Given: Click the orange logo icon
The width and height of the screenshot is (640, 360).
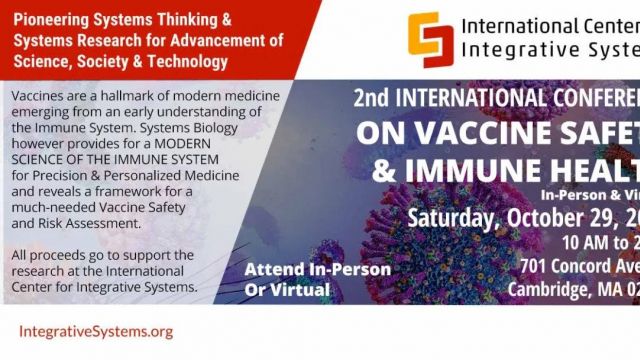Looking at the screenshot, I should pyautogui.click(x=430, y=40).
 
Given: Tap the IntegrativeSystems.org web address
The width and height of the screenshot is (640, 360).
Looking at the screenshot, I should pyautogui.click(x=96, y=330).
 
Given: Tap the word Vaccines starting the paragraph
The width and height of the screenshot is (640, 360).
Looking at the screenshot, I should pyautogui.click(x=41, y=95).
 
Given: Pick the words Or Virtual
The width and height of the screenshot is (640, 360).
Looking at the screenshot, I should pyautogui.click(x=287, y=290).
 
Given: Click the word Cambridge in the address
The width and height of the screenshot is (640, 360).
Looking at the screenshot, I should pyautogui.click(x=550, y=288).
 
